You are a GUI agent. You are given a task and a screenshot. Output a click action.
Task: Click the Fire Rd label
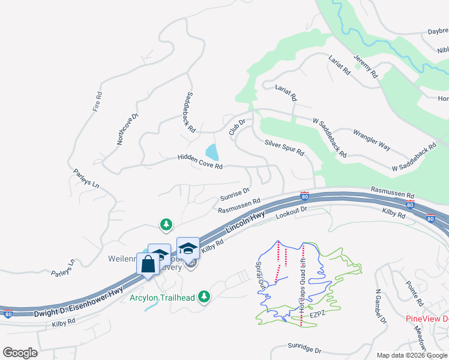coord(98,103)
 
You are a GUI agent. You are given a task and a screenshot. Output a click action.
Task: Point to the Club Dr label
coord(237,127)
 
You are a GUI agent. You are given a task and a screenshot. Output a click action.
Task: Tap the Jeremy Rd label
coord(366,66)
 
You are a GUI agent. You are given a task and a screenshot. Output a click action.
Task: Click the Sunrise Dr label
coord(234,193)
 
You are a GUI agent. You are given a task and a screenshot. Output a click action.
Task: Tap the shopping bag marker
coord(148,264)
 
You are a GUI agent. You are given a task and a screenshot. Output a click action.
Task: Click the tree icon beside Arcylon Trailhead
coord(205,296)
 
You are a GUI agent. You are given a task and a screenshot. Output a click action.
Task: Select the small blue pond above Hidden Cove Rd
coord(211,152)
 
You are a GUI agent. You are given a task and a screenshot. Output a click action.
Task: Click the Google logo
coord(20,352)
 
